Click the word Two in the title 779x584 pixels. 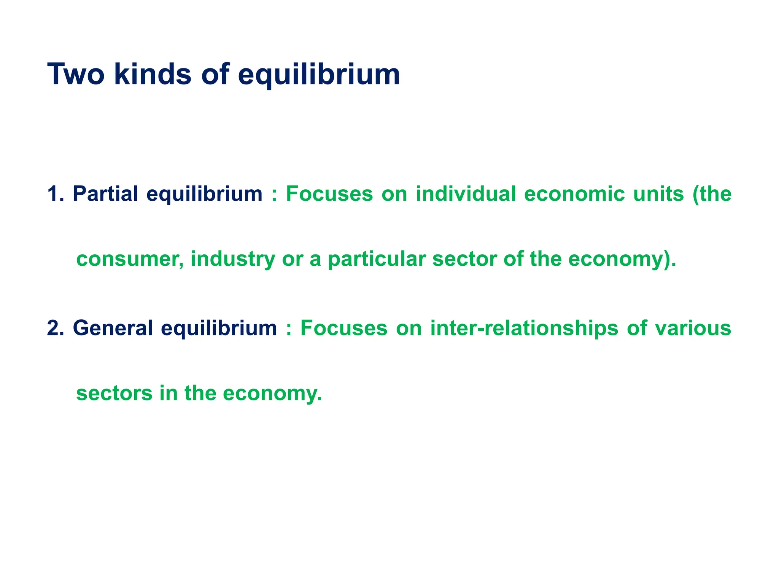click(x=76, y=74)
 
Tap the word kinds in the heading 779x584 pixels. click(x=153, y=74)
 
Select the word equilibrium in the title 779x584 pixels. click(x=319, y=75)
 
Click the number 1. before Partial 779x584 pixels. click(x=56, y=194)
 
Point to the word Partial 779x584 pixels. click(x=105, y=194)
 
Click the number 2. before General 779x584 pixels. click(x=56, y=328)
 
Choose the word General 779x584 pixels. click(x=113, y=328)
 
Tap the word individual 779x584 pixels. click(x=466, y=194)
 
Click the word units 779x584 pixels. click(x=658, y=194)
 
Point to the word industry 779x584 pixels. click(x=232, y=260)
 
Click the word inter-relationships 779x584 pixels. click(x=525, y=328)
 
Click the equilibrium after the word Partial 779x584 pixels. click(x=205, y=194)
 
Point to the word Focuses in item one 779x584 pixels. click(x=329, y=194)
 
